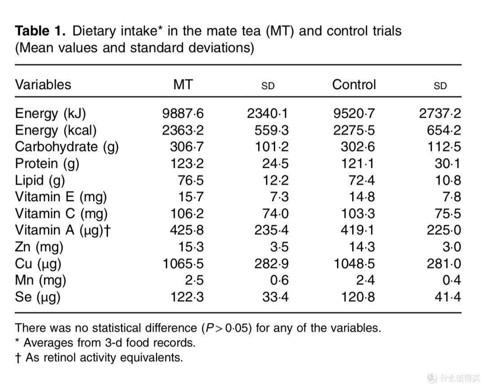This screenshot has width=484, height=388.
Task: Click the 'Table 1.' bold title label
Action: (x=40, y=31)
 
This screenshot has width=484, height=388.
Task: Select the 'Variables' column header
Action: (x=43, y=84)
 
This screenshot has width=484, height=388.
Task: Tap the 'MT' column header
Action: (x=183, y=84)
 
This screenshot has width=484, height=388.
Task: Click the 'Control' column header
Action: (x=354, y=84)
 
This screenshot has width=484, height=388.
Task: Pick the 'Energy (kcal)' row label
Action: (x=56, y=130)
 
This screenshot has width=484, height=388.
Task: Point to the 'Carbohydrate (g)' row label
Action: (x=67, y=147)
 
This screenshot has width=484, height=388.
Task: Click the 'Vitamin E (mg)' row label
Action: (x=61, y=197)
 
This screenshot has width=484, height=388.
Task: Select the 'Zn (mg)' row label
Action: (x=39, y=247)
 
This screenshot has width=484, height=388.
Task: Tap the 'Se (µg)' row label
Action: (x=37, y=297)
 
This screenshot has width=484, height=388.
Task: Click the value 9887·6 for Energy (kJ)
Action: (x=183, y=113)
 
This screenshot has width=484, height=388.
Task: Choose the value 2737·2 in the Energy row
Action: (x=440, y=113)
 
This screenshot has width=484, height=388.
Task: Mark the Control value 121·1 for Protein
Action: (x=358, y=164)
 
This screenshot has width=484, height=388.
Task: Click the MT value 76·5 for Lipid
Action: (x=191, y=180)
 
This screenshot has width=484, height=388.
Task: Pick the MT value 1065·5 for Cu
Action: (x=183, y=263)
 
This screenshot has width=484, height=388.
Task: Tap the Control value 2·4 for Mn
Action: (x=366, y=280)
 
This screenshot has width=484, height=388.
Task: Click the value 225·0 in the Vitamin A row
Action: (x=444, y=230)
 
